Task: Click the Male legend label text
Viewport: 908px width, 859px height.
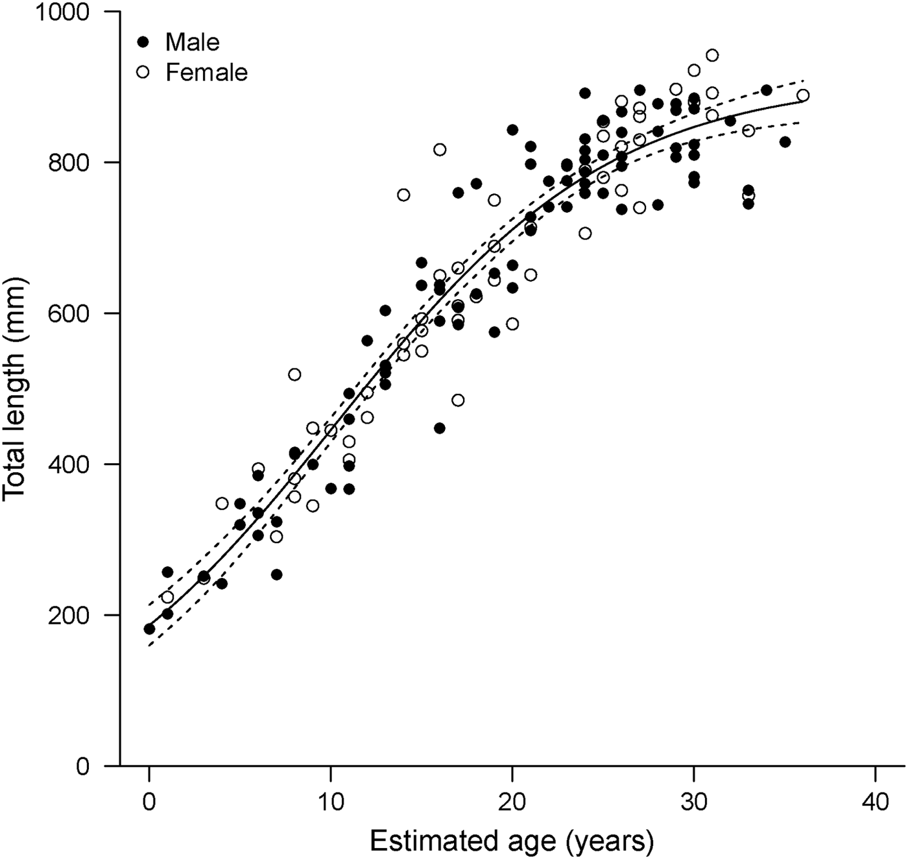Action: [x=193, y=42]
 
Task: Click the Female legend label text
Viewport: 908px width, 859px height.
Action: [x=206, y=72]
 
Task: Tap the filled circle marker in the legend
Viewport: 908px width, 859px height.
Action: [x=143, y=42]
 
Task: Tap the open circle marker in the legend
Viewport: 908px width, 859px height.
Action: [x=143, y=72]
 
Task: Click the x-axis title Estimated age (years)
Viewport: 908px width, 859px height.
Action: [x=512, y=841]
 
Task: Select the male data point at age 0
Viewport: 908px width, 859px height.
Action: [x=149, y=629]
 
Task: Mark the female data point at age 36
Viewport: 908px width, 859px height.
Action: [x=803, y=95]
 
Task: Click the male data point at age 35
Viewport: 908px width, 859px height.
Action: [x=785, y=142]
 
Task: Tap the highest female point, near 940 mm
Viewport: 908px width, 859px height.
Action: [x=712, y=55]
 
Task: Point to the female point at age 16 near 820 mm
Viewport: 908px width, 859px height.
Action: [x=440, y=150]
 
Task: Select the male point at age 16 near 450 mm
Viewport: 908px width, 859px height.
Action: [x=440, y=428]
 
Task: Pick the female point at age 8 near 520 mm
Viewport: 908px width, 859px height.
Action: [x=294, y=374]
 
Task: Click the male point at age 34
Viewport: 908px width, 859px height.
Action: [x=767, y=90]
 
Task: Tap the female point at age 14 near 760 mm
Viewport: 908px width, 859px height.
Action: [x=403, y=195]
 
